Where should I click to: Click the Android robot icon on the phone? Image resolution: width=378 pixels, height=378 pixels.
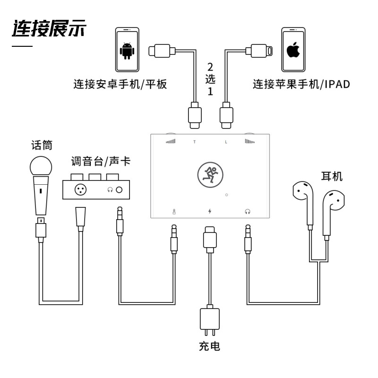pos(127,51)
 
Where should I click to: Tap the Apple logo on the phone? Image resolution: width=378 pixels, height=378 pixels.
pos(293,50)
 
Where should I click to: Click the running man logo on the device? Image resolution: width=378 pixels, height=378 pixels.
pos(210,175)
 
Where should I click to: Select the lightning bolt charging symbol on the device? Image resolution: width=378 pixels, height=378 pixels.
pos(210,211)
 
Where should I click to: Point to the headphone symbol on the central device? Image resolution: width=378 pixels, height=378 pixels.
pos(248,211)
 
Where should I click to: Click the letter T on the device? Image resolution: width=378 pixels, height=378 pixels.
pos(195,142)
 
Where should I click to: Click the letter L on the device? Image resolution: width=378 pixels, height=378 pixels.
pos(226,142)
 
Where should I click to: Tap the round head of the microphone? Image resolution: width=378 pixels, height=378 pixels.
pos(41,167)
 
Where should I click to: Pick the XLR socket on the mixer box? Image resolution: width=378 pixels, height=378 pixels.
pos(81,189)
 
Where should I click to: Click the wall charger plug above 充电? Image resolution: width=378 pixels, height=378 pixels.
pos(210,321)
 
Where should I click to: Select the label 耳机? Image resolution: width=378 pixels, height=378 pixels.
pos(332,176)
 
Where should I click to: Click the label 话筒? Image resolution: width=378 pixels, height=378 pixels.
pos(42,145)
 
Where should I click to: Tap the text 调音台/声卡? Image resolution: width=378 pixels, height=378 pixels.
pos(101,161)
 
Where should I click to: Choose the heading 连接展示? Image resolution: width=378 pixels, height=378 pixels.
pos(49,28)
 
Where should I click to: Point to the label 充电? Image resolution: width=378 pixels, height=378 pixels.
pos(209,346)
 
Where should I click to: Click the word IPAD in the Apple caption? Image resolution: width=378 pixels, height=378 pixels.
pos(337,85)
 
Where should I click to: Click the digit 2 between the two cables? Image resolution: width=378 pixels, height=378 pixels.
pos(210,67)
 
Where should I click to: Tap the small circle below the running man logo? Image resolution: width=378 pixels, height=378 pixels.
pos(226,195)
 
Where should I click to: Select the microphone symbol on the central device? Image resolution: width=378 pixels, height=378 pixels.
pos(174,212)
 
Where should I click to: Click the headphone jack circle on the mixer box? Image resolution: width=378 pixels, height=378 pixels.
pos(119,190)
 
